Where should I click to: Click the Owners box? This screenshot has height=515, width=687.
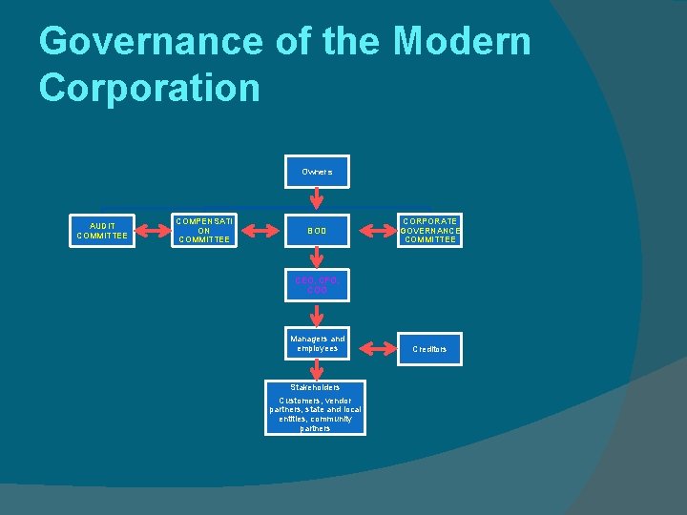(x=317, y=172)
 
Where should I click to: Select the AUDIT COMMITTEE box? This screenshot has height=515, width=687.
(x=102, y=230)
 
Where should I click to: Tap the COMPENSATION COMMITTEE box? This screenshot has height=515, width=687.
(x=203, y=230)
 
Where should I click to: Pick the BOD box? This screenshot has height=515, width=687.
(x=317, y=230)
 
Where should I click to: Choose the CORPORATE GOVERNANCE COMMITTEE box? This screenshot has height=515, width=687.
(x=430, y=230)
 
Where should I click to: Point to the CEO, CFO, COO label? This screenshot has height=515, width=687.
(x=317, y=284)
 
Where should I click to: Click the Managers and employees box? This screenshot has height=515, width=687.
(x=317, y=343)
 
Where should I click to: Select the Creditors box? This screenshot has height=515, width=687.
(x=429, y=349)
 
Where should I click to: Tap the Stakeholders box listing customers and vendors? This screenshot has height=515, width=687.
(x=315, y=408)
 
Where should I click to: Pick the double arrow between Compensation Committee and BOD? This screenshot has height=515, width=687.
(x=260, y=230)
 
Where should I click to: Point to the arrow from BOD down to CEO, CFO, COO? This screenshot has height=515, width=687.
(x=317, y=258)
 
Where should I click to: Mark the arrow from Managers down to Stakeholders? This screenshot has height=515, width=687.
(x=317, y=370)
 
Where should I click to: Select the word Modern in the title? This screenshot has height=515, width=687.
(x=463, y=42)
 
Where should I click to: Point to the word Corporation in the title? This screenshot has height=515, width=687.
(x=150, y=88)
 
